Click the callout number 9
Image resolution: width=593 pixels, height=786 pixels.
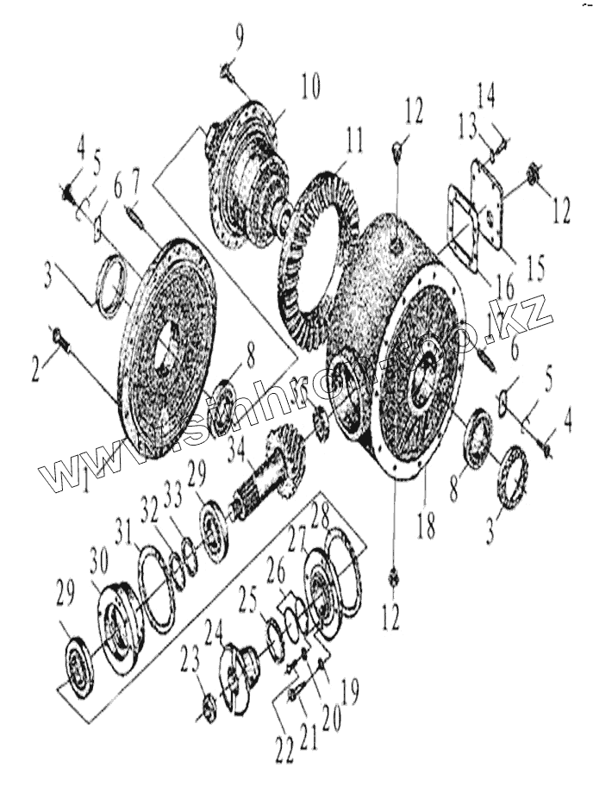coord(240,39)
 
